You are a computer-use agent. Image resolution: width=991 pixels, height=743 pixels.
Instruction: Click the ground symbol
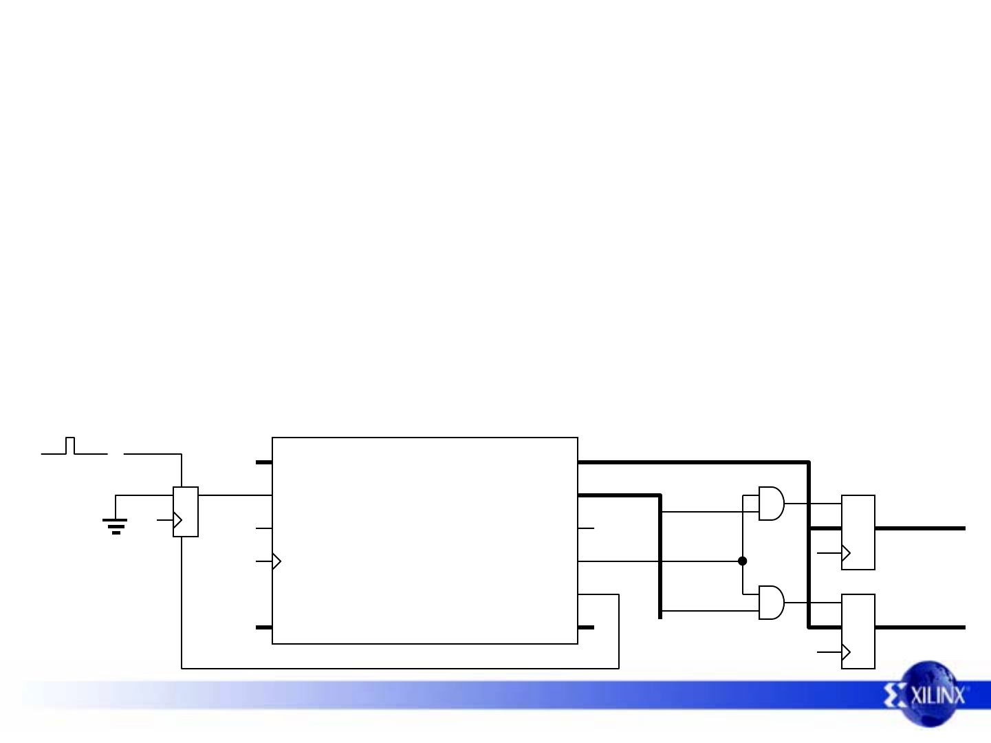[116, 526]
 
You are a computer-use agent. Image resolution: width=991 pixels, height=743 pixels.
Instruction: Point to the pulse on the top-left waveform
[70, 445]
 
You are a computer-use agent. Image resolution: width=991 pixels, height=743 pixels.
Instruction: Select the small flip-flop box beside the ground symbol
[186, 511]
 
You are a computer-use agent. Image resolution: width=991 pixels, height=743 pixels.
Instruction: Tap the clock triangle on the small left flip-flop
[177, 521]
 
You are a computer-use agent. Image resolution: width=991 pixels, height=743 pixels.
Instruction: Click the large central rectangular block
[424, 540]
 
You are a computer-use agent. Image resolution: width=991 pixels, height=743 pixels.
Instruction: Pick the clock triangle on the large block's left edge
[276, 561]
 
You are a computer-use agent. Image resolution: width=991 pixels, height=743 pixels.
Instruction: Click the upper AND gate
[771, 504]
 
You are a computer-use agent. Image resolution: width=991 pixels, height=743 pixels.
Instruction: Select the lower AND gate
[771, 603]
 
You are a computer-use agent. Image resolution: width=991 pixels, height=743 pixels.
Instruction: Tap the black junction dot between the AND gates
[743, 561]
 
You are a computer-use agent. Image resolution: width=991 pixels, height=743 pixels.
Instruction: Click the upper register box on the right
[858, 532]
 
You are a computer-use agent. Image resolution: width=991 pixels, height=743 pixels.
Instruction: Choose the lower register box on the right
[858, 631]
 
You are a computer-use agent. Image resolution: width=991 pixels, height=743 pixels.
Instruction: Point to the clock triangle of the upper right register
[846, 553]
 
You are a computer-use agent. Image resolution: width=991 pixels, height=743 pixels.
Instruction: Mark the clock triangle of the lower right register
[846, 652]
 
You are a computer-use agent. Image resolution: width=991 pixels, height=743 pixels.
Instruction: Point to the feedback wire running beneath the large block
[399, 667]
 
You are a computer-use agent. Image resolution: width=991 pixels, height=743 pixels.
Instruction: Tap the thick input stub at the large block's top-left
[263, 462]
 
